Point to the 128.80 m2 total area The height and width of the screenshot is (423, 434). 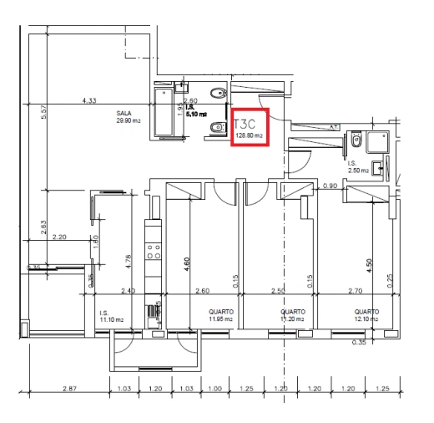250,135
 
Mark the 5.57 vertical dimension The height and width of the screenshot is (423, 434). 43,112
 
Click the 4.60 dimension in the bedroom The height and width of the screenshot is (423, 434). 186,266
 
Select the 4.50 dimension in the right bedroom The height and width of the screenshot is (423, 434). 369,266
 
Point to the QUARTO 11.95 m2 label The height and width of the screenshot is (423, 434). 220,315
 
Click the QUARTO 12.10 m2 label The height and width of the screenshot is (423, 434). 366,315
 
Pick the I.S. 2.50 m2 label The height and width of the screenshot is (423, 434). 358,166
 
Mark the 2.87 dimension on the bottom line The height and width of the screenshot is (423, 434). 69,390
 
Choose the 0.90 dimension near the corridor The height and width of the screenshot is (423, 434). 330,186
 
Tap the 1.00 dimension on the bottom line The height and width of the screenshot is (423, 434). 214,390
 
